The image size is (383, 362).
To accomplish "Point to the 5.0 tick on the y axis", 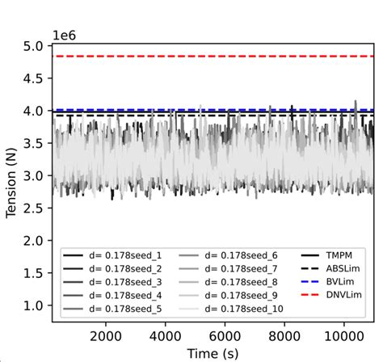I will click(34, 46).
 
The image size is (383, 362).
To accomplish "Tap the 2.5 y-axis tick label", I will click(34, 208).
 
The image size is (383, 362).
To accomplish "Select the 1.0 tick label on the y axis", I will click(34, 305).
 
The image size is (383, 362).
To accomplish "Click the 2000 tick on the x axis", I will click(106, 336).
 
